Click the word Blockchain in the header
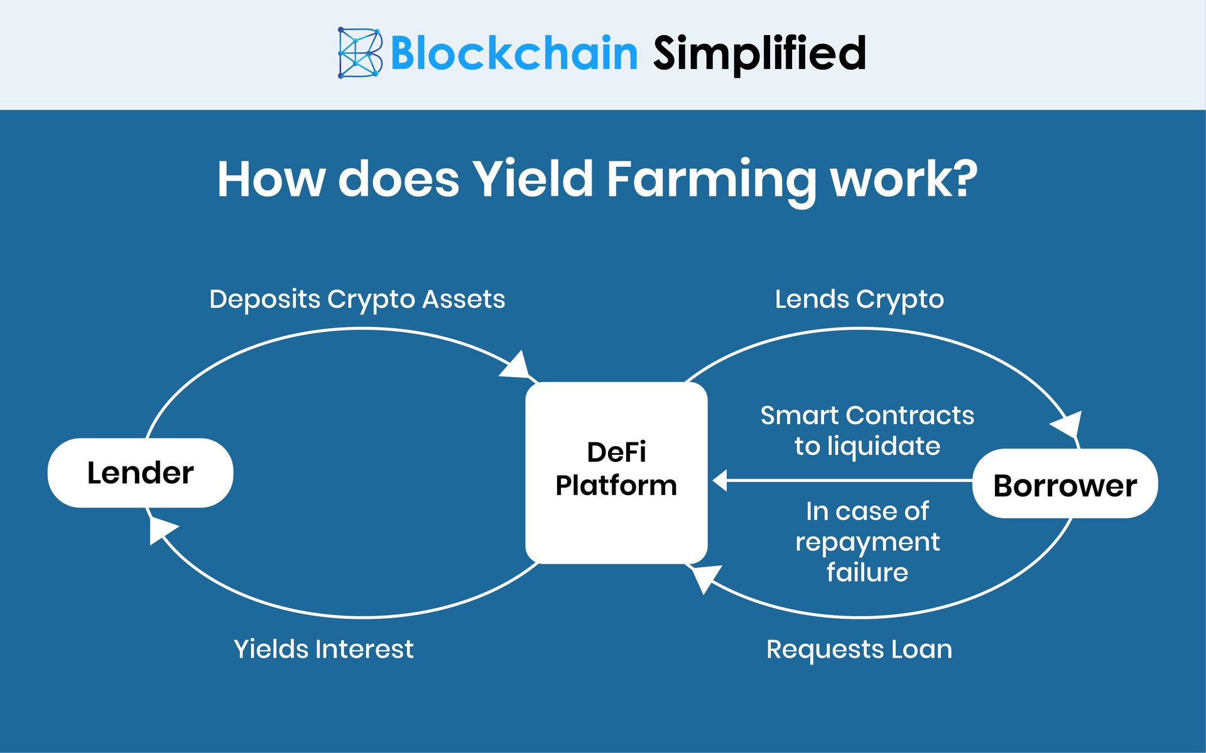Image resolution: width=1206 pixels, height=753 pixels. pos(514,53)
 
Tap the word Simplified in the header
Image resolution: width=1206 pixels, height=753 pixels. pos(759,53)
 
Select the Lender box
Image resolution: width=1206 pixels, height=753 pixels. pos(140,473)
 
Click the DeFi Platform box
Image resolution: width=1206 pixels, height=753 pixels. pos(616,473)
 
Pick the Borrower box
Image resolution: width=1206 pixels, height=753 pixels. pos(1065,484)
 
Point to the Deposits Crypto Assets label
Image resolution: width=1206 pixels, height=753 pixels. pos(357,299)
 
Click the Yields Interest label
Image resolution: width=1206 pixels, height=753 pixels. pos(323,649)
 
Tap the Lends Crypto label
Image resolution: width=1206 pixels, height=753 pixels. pos(859,299)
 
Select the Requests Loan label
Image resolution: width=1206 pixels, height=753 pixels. pos(859,649)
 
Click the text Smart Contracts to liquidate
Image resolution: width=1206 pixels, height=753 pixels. pos(867,430)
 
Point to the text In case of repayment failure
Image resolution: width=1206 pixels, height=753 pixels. pos(867,542)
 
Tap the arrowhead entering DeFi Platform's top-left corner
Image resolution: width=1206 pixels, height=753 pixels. pos(517,366)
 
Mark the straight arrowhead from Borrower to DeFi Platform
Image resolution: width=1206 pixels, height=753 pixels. pos(720,481)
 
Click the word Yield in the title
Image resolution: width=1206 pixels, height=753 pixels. pos(533,179)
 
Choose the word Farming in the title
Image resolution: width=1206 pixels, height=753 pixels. pos(710,181)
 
